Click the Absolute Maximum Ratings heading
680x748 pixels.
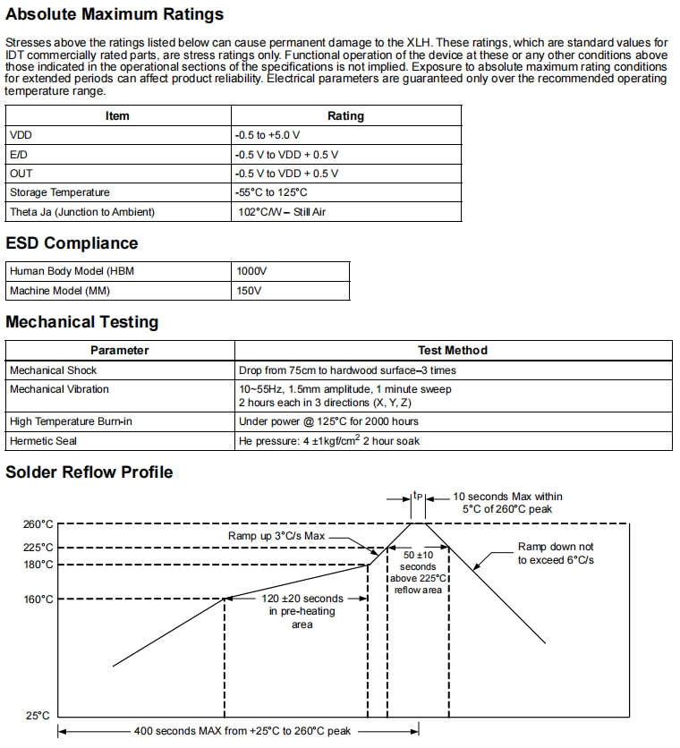click(x=115, y=14)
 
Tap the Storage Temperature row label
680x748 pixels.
click(x=60, y=192)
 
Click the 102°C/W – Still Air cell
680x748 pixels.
click(x=282, y=212)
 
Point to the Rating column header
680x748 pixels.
click(x=345, y=116)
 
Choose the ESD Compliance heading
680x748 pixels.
click(x=72, y=243)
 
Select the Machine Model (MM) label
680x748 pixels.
click(x=59, y=291)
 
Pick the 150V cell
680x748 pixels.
click(x=249, y=291)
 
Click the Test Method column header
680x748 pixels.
click(x=452, y=351)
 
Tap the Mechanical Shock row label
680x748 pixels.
click(x=53, y=370)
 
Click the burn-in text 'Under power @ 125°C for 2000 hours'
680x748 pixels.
click(x=328, y=421)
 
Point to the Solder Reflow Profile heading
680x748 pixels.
click(x=89, y=472)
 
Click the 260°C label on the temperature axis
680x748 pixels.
click(x=38, y=524)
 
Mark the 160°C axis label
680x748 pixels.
click(x=38, y=599)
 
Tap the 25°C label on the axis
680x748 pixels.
click(x=38, y=716)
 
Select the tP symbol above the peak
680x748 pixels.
click(x=418, y=495)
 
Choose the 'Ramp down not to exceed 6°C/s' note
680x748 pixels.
click(x=556, y=553)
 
